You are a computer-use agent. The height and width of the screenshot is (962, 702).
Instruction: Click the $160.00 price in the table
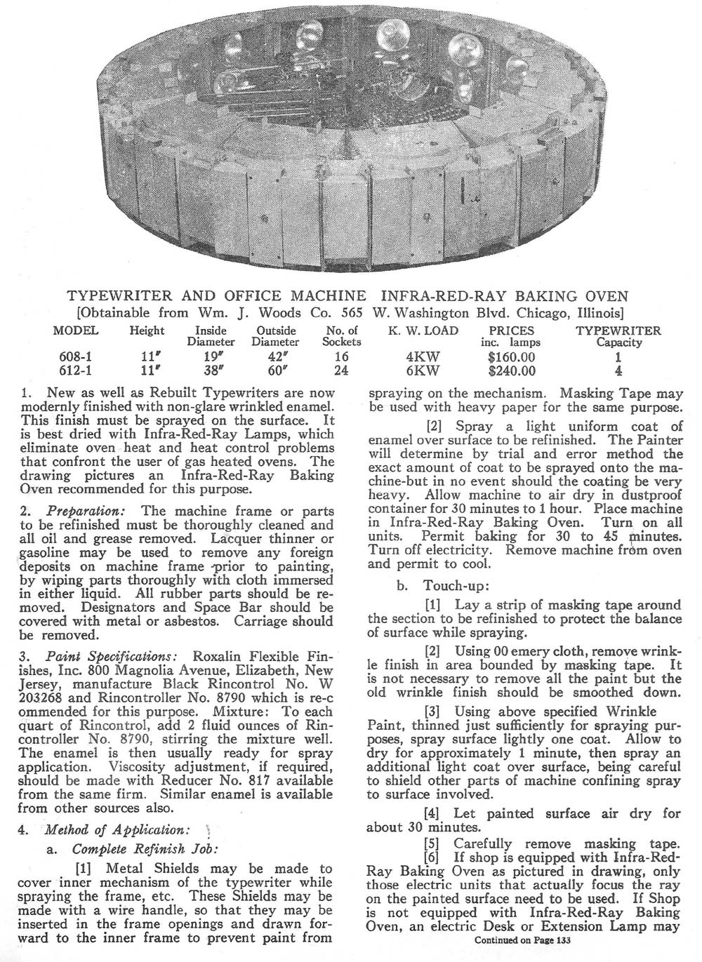pyautogui.click(x=512, y=357)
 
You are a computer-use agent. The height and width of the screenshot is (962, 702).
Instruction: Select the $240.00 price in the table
pyautogui.click(x=512, y=371)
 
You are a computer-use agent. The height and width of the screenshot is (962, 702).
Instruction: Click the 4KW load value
pyautogui.click(x=423, y=357)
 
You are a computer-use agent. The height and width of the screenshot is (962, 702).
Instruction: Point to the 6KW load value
pyautogui.click(x=423, y=371)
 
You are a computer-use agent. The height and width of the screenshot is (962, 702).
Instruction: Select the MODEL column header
pyautogui.click(x=76, y=330)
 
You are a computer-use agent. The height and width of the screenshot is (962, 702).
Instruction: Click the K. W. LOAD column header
pyautogui.click(x=423, y=330)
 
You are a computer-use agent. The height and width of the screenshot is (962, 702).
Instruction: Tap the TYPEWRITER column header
pyautogui.click(x=618, y=330)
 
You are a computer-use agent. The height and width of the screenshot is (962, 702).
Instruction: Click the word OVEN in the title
pyautogui.click(x=607, y=296)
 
